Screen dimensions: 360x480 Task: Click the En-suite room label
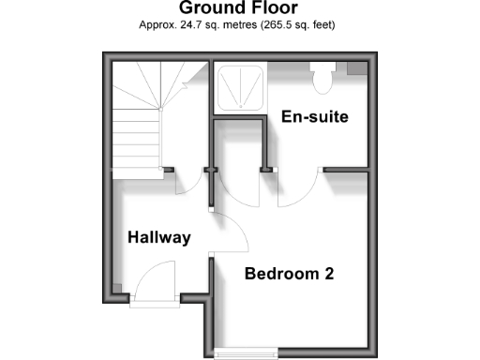click(315, 117)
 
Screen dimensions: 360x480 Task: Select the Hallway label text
click(159, 237)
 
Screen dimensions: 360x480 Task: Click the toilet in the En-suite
click(323, 79)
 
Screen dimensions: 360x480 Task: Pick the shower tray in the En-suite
click(239, 86)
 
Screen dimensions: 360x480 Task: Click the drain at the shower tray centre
click(239, 86)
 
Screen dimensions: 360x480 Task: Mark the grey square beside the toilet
click(356, 69)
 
